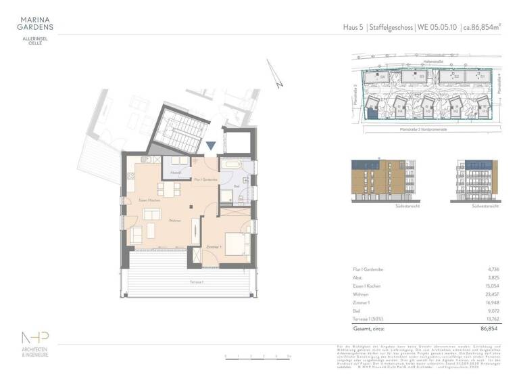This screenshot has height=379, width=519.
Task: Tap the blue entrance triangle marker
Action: click(x=212, y=146)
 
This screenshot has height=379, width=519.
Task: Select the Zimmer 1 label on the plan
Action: click(x=214, y=249)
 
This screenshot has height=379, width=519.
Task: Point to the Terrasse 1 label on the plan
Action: click(x=179, y=282)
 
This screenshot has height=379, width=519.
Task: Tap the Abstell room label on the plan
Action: click(x=175, y=173)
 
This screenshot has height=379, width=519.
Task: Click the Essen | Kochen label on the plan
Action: click(x=149, y=201)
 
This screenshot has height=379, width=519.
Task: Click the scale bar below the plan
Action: click(x=256, y=355)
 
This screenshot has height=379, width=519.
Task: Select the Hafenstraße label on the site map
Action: click(x=432, y=63)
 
